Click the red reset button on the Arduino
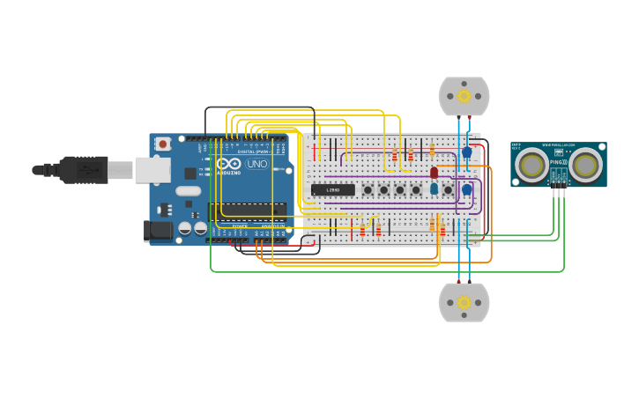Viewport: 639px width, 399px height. pyautogui.click(x=163, y=144)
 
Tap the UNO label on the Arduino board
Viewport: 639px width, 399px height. pyautogui.click(x=257, y=164)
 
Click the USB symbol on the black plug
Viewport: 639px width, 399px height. pyautogui.click(x=88, y=169)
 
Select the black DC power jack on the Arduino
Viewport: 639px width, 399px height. pyautogui.click(x=158, y=231)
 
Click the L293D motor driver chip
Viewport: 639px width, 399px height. pyautogui.click(x=333, y=189)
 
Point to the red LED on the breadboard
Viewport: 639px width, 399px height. pyautogui.click(x=434, y=173)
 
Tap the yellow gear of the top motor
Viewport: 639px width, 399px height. pyautogui.click(x=464, y=97)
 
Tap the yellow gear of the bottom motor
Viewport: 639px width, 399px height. pyautogui.click(x=464, y=303)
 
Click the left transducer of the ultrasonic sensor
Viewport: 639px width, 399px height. pyautogui.click(x=531, y=165)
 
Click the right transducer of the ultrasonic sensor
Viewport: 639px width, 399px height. pyautogui.click(x=585, y=165)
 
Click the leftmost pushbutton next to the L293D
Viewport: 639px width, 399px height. pyautogui.click(x=368, y=189)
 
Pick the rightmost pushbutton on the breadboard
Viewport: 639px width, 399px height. pyautogui.click(x=448, y=189)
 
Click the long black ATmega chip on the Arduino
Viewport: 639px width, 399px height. pyautogui.click(x=247, y=210)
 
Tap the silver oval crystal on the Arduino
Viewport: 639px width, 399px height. pyautogui.click(x=189, y=191)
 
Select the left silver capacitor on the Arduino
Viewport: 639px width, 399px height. pyautogui.click(x=185, y=228)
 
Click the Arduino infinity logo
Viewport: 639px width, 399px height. pyautogui.click(x=229, y=164)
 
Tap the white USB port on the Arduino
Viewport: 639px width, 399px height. pyautogui.click(x=152, y=170)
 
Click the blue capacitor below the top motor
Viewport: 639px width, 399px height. pyautogui.click(x=466, y=152)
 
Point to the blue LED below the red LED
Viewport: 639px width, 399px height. pyautogui.click(x=434, y=188)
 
